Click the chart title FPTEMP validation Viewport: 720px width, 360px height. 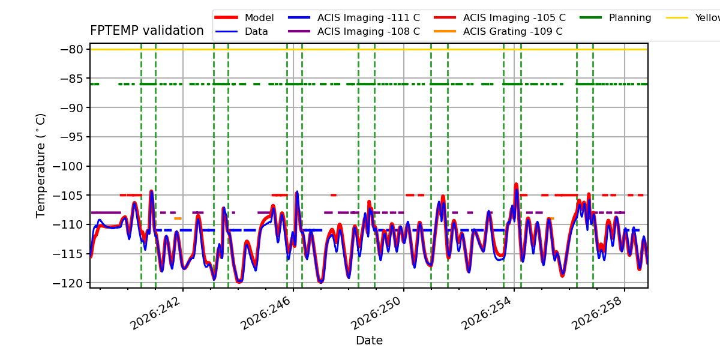coord(147,31)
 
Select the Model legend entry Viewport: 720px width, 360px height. coord(244,17)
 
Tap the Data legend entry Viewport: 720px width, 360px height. coord(241,31)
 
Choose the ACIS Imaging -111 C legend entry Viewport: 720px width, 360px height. coord(354,17)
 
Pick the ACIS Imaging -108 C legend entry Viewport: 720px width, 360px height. coord(354,31)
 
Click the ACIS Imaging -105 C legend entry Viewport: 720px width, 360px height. coord(500,17)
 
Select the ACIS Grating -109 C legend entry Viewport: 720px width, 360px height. coord(498,31)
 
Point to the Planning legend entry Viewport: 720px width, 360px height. coord(616,17)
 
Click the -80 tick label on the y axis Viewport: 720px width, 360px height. coord(71,49)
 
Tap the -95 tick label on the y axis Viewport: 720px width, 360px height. coord(71,137)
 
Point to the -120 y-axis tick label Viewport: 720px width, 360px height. coord(68,283)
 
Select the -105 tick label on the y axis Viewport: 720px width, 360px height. coord(68,196)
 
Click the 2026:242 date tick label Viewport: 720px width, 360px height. coord(155,313)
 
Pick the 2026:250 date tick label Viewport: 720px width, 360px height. coord(376,313)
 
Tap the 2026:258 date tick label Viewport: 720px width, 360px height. coord(597,313)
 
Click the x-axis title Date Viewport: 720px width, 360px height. coord(369,340)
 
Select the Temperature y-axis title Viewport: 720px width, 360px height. coord(41,166)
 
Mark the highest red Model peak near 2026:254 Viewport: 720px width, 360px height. coord(516,184)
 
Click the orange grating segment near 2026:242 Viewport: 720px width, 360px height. coord(178,218)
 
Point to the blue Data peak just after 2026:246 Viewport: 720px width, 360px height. coord(297,192)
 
